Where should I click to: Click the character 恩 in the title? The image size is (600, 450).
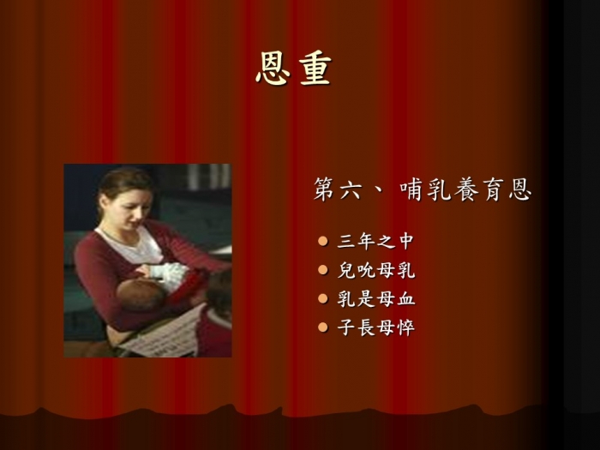273,69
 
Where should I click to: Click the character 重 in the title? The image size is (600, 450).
315,69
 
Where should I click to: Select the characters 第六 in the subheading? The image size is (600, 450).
338,189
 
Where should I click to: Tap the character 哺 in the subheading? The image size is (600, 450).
411,189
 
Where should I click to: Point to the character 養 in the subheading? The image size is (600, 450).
465,189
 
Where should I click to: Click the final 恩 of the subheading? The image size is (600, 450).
520,189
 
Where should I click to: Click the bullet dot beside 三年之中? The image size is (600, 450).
323,241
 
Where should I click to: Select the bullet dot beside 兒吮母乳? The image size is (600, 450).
323,270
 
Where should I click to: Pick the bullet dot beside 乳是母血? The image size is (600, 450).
323,298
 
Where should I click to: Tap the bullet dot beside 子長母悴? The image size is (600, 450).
323,327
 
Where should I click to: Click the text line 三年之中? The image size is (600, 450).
375,242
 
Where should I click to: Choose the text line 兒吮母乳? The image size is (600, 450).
375,270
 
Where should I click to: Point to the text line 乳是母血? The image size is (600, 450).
375,299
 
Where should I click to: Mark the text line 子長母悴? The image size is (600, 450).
375,328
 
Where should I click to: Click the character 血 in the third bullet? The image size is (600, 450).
405,299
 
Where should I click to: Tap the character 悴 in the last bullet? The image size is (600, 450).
405,328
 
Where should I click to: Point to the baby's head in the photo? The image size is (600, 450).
141,295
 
